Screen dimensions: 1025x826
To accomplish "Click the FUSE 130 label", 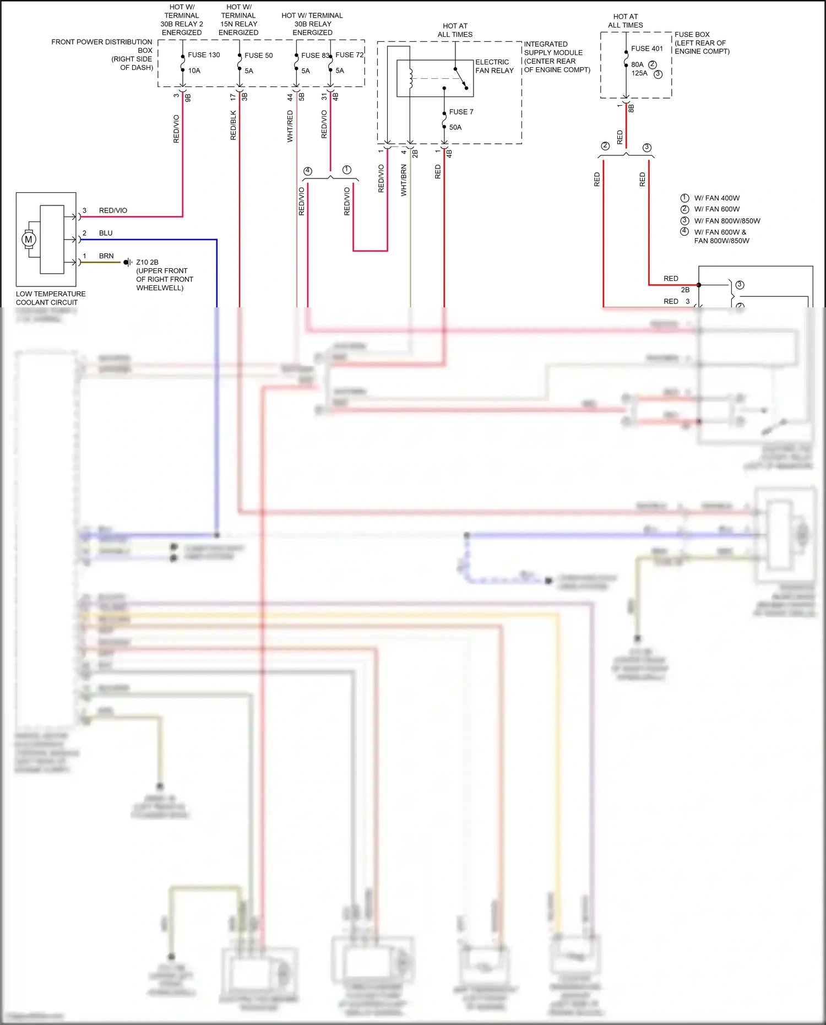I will (204, 55).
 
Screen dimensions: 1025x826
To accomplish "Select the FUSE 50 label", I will (258, 56).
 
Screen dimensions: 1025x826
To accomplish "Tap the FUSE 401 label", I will (647, 49).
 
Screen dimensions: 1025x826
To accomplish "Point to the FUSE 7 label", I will (461, 112).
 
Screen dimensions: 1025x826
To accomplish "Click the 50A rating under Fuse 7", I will (455, 127).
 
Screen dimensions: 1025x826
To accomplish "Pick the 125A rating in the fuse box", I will (639, 73).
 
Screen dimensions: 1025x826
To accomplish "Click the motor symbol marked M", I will (29, 240).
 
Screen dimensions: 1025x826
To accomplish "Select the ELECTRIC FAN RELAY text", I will (494, 66).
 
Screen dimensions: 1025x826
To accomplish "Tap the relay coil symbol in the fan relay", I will (410, 78).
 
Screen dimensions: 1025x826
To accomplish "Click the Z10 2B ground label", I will (147, 262).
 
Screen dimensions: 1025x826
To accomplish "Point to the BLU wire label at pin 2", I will (106, 233).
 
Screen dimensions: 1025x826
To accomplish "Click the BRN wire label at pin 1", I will (106, 256).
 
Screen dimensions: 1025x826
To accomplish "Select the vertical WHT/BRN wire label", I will (404, 180).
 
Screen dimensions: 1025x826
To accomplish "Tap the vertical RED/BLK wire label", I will (233, 125).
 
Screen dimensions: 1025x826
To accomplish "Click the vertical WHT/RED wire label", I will (290, 126).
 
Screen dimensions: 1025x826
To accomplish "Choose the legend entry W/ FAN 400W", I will (716, 198).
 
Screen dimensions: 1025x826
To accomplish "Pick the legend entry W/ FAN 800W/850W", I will (727, 221).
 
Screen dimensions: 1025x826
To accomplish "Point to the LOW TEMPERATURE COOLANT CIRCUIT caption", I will (50, 298).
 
